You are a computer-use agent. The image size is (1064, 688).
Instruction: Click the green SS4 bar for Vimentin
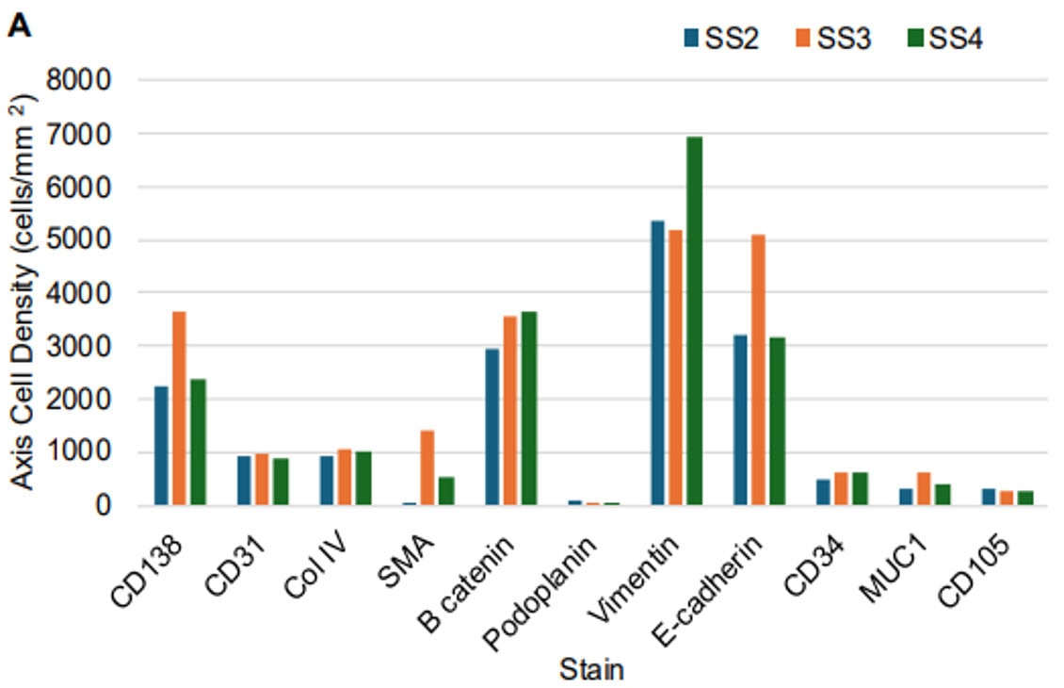tap(694, 320)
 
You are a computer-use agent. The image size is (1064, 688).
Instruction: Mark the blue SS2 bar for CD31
tap(245, 481)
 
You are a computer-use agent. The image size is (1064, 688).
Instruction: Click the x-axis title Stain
tap(590, 671)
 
